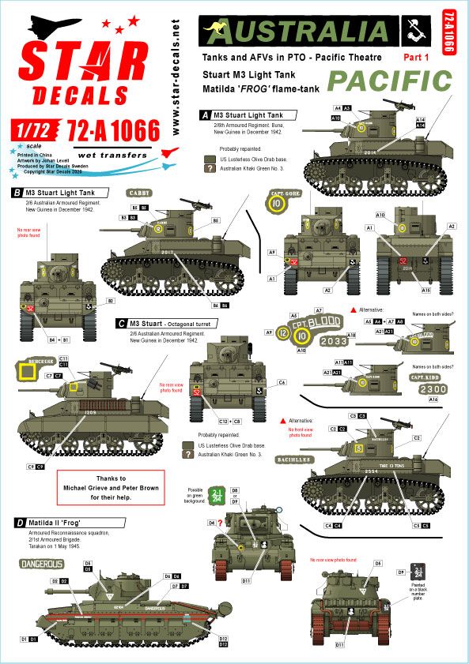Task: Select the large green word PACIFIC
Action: [x=390, y=81]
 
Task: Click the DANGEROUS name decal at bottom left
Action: [x=41, y=564]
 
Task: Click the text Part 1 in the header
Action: [x=418, y=57]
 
